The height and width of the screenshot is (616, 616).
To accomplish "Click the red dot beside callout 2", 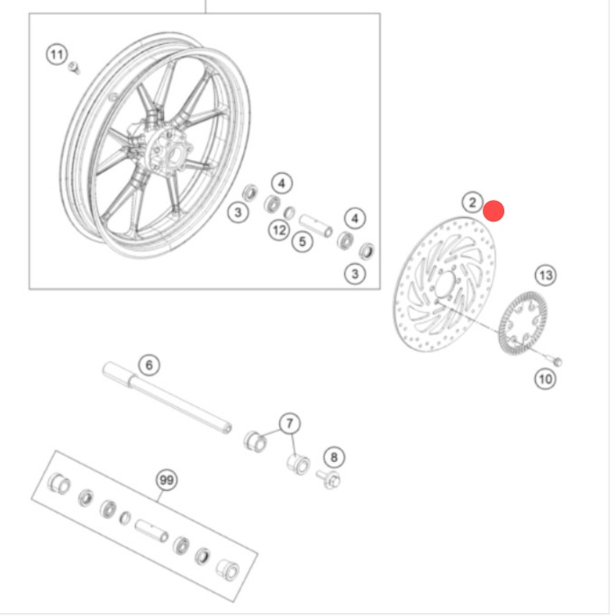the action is [x=494, y=211].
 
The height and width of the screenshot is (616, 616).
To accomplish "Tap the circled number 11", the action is [x=57, y=55].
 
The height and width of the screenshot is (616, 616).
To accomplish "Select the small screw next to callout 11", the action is [x=74, y=68].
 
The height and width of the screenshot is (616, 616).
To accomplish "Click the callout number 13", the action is [x=546, y=276].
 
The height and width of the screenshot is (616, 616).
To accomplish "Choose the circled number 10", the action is [x=545, y=379].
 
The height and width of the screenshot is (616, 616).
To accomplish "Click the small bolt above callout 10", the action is [x=555, y=360].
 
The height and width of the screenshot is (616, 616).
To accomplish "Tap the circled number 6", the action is [x=149, y=366].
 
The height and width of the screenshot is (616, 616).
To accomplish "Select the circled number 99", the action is [x=167, y=480].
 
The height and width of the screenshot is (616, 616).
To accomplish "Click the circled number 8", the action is [x=334, y=457].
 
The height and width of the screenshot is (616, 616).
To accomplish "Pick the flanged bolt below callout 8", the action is [x=330, y=478].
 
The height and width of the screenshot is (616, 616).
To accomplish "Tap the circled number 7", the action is [x=290, y=423].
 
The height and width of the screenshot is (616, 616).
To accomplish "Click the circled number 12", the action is [x=279, y=231].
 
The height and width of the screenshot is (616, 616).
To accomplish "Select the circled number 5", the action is [x=303, y=241].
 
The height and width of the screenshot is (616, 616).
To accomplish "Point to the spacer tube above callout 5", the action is [x=315, y=225].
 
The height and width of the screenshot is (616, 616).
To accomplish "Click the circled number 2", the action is [x=472, y=203].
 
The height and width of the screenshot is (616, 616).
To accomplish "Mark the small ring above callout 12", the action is [x=289, y=213].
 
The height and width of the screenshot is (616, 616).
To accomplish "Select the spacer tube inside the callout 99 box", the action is [x=151, y=531].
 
